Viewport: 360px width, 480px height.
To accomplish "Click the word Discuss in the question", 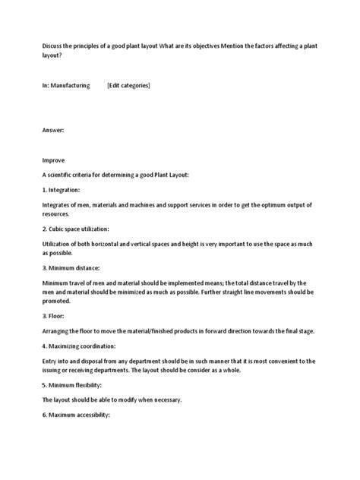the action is click(x=52, y=45).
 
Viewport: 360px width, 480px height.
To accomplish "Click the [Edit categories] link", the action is click(x=129, y=86).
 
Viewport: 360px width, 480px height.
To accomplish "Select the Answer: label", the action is click(x=53, y=131).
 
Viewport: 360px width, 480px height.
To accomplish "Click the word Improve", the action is click(x=53, y=160).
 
